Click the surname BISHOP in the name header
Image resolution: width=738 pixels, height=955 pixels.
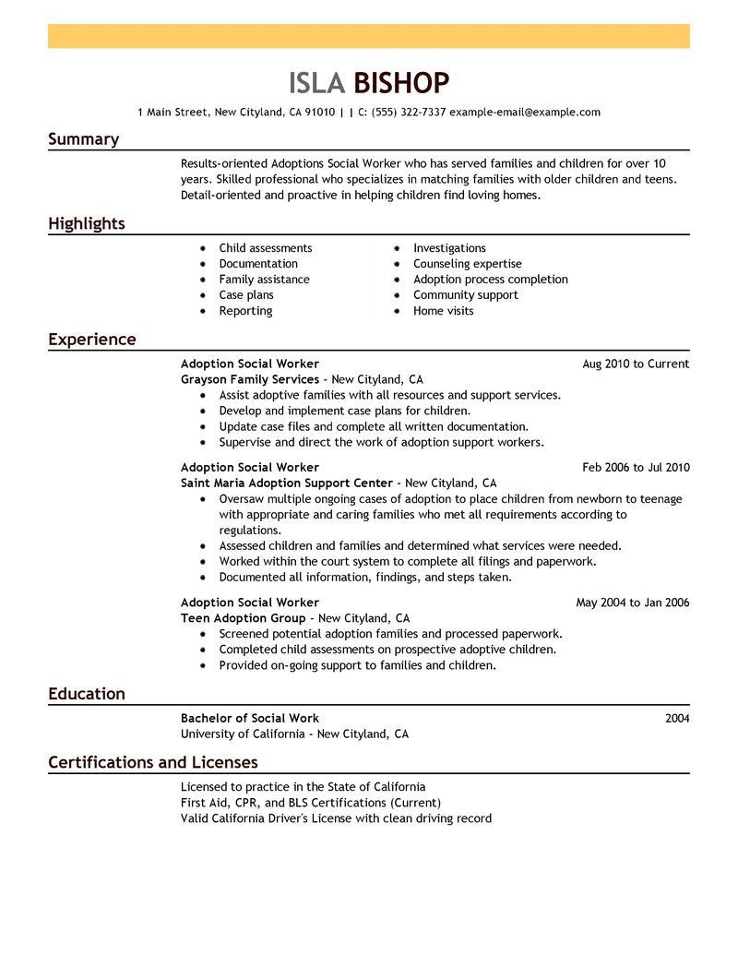[x=401, y=83]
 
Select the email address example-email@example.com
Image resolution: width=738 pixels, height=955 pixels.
[x=525, y=113]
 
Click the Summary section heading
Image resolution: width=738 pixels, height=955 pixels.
[x=83, y=139]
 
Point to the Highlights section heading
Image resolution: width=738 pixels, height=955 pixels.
[x=86, y=223]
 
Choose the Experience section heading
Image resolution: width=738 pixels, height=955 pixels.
[x=91, y=340]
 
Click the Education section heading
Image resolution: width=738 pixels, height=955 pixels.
[x=86, y=694]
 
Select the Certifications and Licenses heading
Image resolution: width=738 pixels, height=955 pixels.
[x=152, y=762]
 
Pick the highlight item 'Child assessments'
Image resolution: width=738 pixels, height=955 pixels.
[x=265, y=248]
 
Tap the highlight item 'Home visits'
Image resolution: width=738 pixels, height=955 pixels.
[x=443, y=311]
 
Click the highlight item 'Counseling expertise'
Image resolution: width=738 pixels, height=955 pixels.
[x=467, y=264]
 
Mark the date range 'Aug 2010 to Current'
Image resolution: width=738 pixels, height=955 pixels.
[x=636, y=364]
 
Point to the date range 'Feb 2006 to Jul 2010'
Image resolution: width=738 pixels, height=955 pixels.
[x=636, y=468]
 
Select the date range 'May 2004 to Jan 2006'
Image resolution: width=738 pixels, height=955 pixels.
[x=632, y=603]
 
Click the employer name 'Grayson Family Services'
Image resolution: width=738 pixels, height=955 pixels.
[x=249, y=379]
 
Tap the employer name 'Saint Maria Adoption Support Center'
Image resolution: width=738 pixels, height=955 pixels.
[x=287, y=483]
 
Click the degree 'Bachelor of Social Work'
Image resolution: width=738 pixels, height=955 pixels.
[x=249, y=718]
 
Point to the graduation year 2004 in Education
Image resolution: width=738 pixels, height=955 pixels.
[x=677, y=718]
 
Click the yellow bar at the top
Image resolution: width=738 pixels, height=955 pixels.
[x=369, y=36]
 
